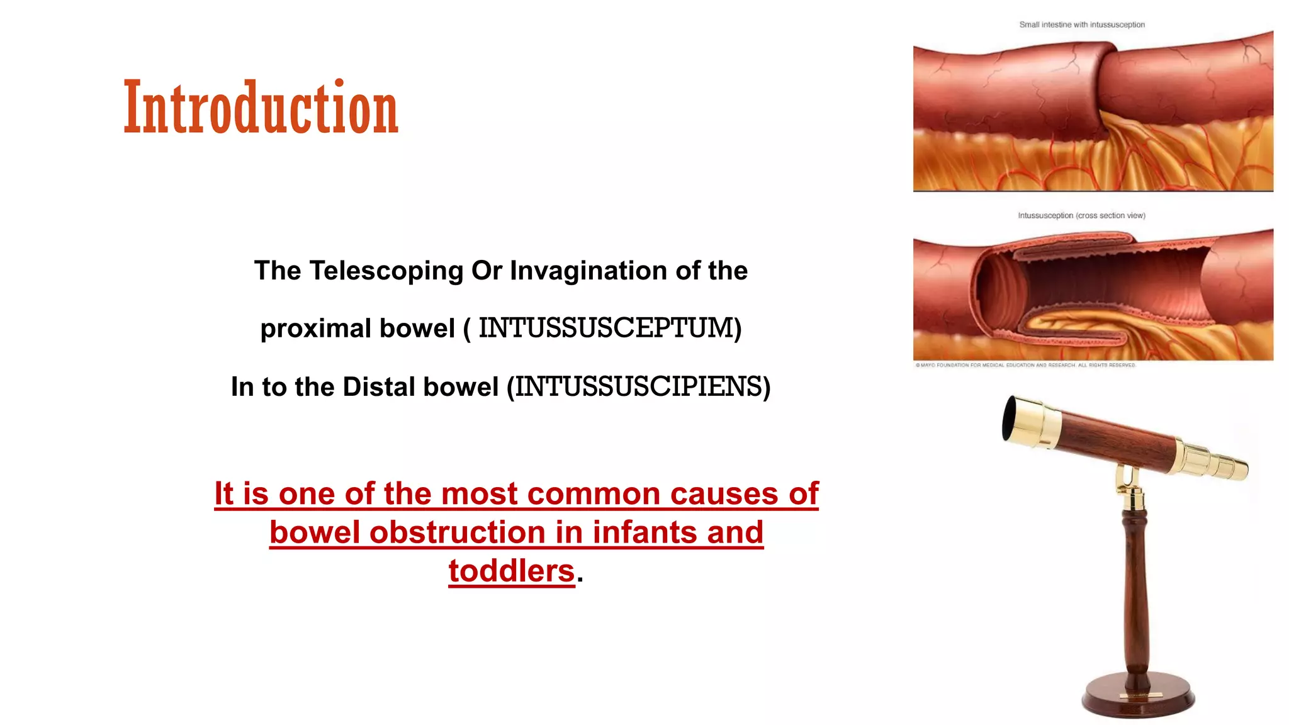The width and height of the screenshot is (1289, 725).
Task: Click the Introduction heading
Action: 261,108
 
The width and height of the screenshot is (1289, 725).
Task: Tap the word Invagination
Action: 588,271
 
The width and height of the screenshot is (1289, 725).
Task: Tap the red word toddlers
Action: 511,571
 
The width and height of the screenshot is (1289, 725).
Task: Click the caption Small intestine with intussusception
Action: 1081,25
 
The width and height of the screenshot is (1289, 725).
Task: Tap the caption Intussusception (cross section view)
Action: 1081,215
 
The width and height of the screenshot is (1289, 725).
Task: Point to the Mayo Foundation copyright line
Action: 1025,365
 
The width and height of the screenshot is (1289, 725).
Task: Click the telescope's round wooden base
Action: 1138,698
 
